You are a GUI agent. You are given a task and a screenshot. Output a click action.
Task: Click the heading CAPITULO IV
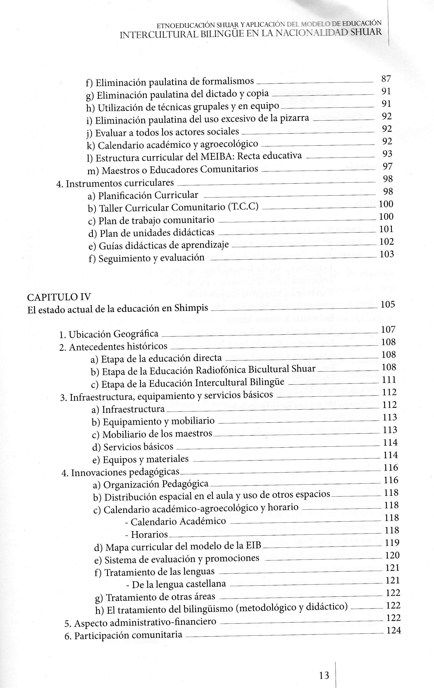(x=59, y=297)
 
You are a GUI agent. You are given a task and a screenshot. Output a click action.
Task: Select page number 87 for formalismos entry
(x=386, y=79)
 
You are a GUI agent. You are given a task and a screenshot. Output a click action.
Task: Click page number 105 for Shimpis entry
(x=388, y=304)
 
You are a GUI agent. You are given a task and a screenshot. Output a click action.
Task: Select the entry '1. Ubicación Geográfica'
(x=109, y=334)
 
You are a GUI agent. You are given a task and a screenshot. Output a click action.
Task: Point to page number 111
(x=389, y=380)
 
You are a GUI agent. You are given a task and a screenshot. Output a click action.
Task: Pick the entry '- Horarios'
(x=146, y=534)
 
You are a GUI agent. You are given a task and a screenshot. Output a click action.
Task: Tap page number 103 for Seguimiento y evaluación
(x=387, y=254)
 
